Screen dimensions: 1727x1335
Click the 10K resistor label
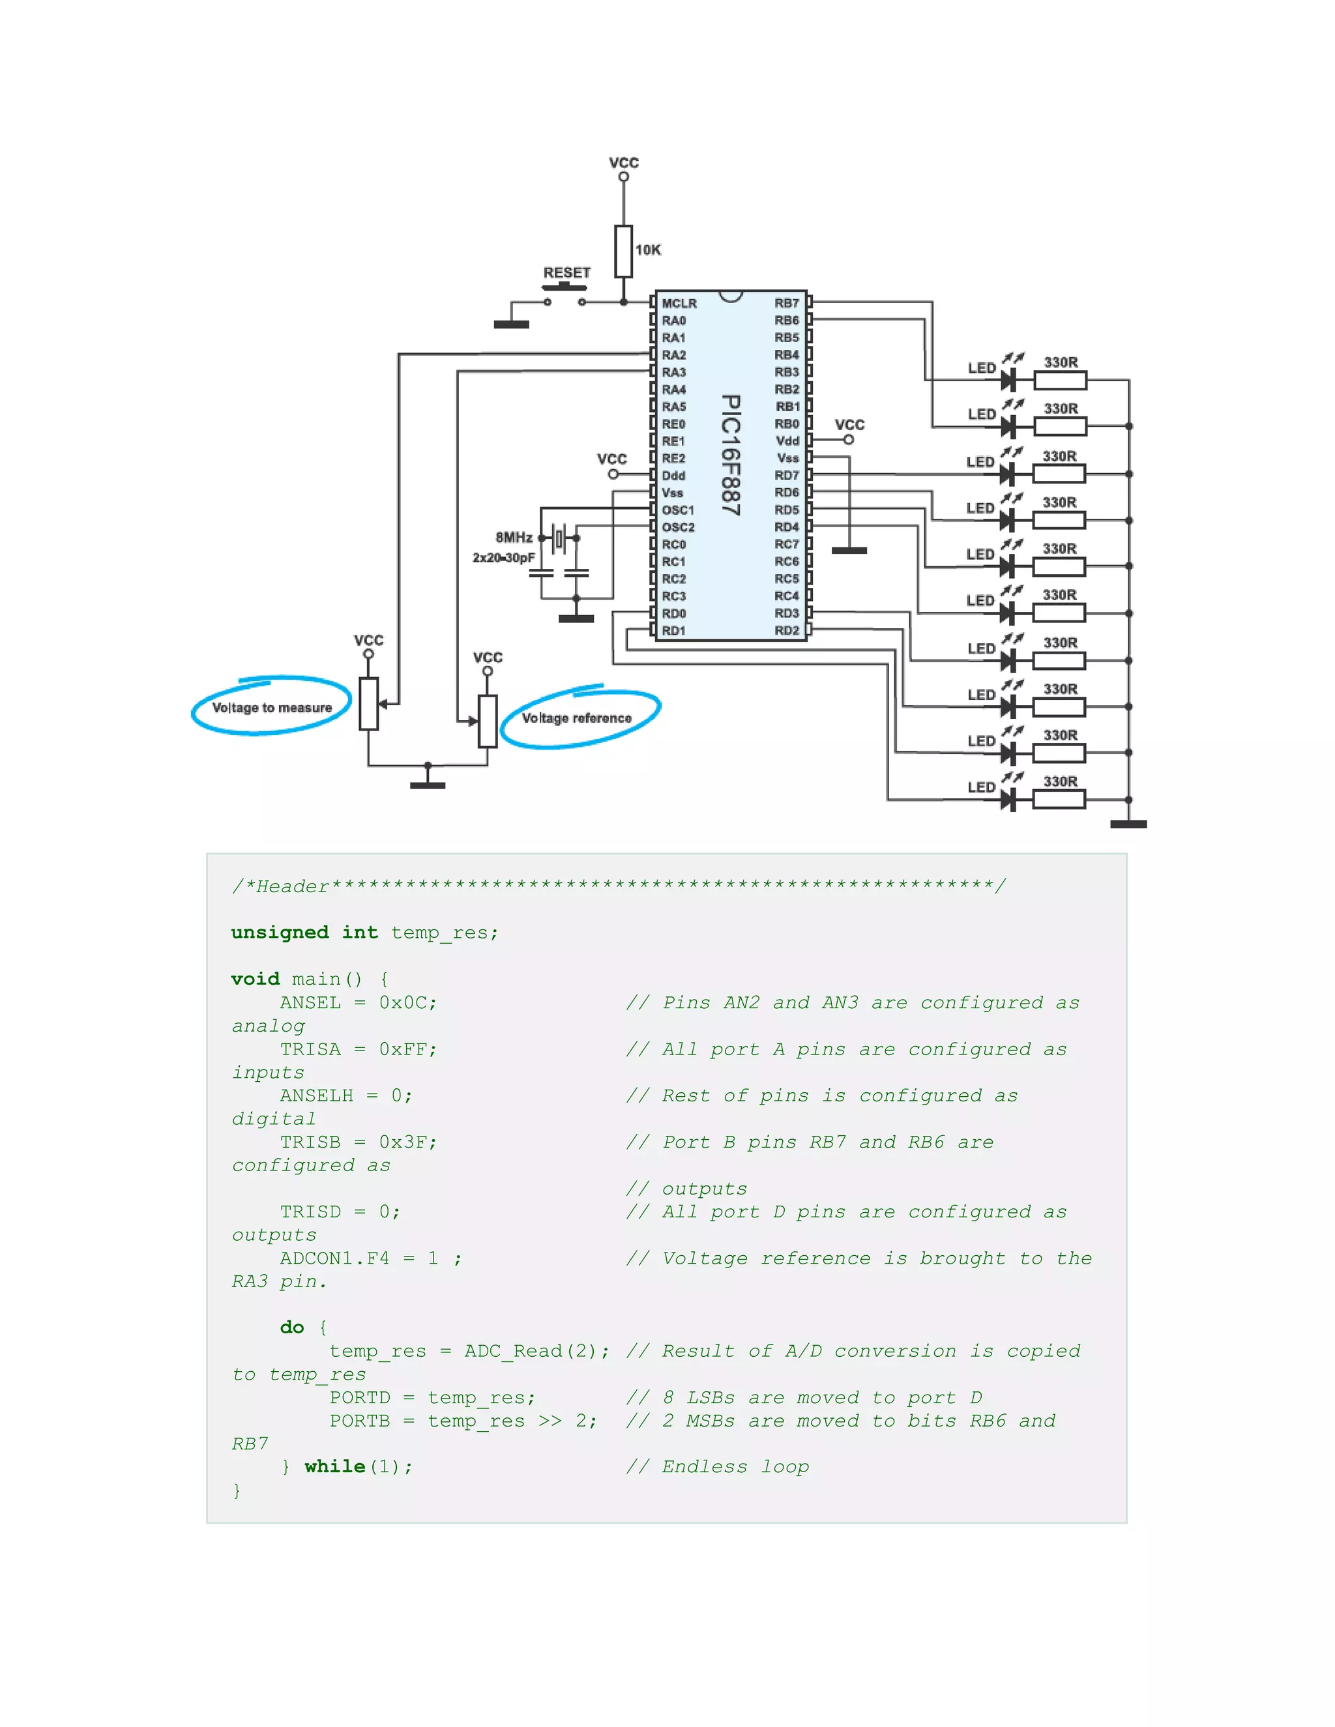pos(648,250)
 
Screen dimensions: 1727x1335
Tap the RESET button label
pos(566,273)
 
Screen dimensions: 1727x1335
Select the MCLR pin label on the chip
pos(679,304)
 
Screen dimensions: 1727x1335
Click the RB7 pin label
pos(786,304)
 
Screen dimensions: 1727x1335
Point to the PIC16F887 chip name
pos(731,456)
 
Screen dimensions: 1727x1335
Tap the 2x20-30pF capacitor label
pos(503,559)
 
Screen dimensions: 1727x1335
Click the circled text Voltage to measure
pos(271,708)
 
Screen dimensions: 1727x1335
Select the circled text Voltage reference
pos(576,718)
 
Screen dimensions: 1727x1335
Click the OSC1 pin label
pos(678,510)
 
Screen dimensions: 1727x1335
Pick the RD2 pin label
pos(786,631)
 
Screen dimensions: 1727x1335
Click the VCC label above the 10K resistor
pos(623,163)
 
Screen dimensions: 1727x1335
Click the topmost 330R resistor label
pos(1061,362)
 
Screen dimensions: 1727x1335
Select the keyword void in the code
pos(255,979)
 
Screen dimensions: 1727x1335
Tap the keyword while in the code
pos(334,1467)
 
